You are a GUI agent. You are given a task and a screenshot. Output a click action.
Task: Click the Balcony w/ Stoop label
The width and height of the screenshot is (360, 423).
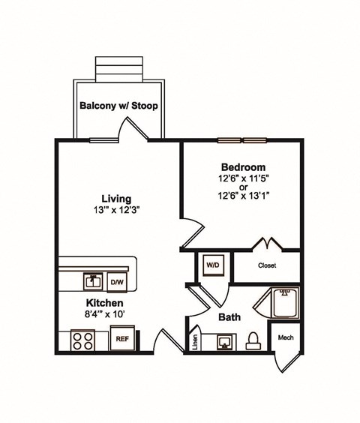pos(118,106)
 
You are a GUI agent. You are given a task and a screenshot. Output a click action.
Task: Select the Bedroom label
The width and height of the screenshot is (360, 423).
pos(242,166)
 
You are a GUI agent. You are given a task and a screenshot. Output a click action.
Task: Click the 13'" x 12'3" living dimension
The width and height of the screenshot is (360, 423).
pos(118,211)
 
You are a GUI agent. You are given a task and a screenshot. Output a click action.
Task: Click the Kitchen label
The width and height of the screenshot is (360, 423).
pos(94,303)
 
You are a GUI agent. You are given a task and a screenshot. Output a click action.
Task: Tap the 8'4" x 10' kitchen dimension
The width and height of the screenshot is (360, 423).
pos(94,315)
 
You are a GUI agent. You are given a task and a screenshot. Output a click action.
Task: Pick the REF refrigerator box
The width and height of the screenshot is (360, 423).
pos(121,338)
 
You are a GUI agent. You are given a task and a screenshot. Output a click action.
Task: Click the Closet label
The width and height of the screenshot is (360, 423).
pos(267,265)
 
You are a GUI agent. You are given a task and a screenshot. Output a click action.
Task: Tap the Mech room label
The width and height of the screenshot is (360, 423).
pos(285,338)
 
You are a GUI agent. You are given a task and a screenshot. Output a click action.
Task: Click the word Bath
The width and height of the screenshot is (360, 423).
pos(229,317)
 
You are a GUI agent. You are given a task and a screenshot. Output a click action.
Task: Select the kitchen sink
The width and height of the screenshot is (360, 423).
pos(93,281)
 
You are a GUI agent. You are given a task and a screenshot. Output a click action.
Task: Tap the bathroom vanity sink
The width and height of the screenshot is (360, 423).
pos(223,342)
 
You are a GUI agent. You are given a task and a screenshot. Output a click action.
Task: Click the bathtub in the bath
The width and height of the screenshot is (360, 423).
pos(284,304)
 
